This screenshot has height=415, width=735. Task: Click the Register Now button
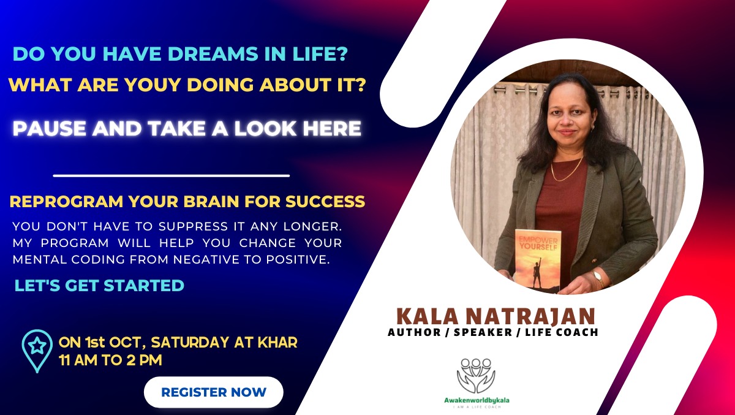click(x=214, y=392)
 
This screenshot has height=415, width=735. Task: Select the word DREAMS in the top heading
click(x=213, y=54)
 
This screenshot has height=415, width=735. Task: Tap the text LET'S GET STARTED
click(x=99, y=285)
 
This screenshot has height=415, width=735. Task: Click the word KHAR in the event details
click(x=277, y=342)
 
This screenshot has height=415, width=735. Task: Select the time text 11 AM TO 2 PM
click(x=111, y=360)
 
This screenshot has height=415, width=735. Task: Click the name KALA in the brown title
click(x=428, y=316)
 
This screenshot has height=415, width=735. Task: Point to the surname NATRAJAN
click(x=530, y=316)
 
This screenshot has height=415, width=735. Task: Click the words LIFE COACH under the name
click(x=562, y=332)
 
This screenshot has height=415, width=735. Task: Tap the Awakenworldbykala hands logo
click(x=476, y=375)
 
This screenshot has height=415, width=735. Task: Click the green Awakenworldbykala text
click(x=477, y=400)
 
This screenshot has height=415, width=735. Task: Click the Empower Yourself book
click(x=538, y=260)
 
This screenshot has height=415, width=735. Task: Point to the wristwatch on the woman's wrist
click(x=598, y=278)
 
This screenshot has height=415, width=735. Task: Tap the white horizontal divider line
click(x=171, y=176)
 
